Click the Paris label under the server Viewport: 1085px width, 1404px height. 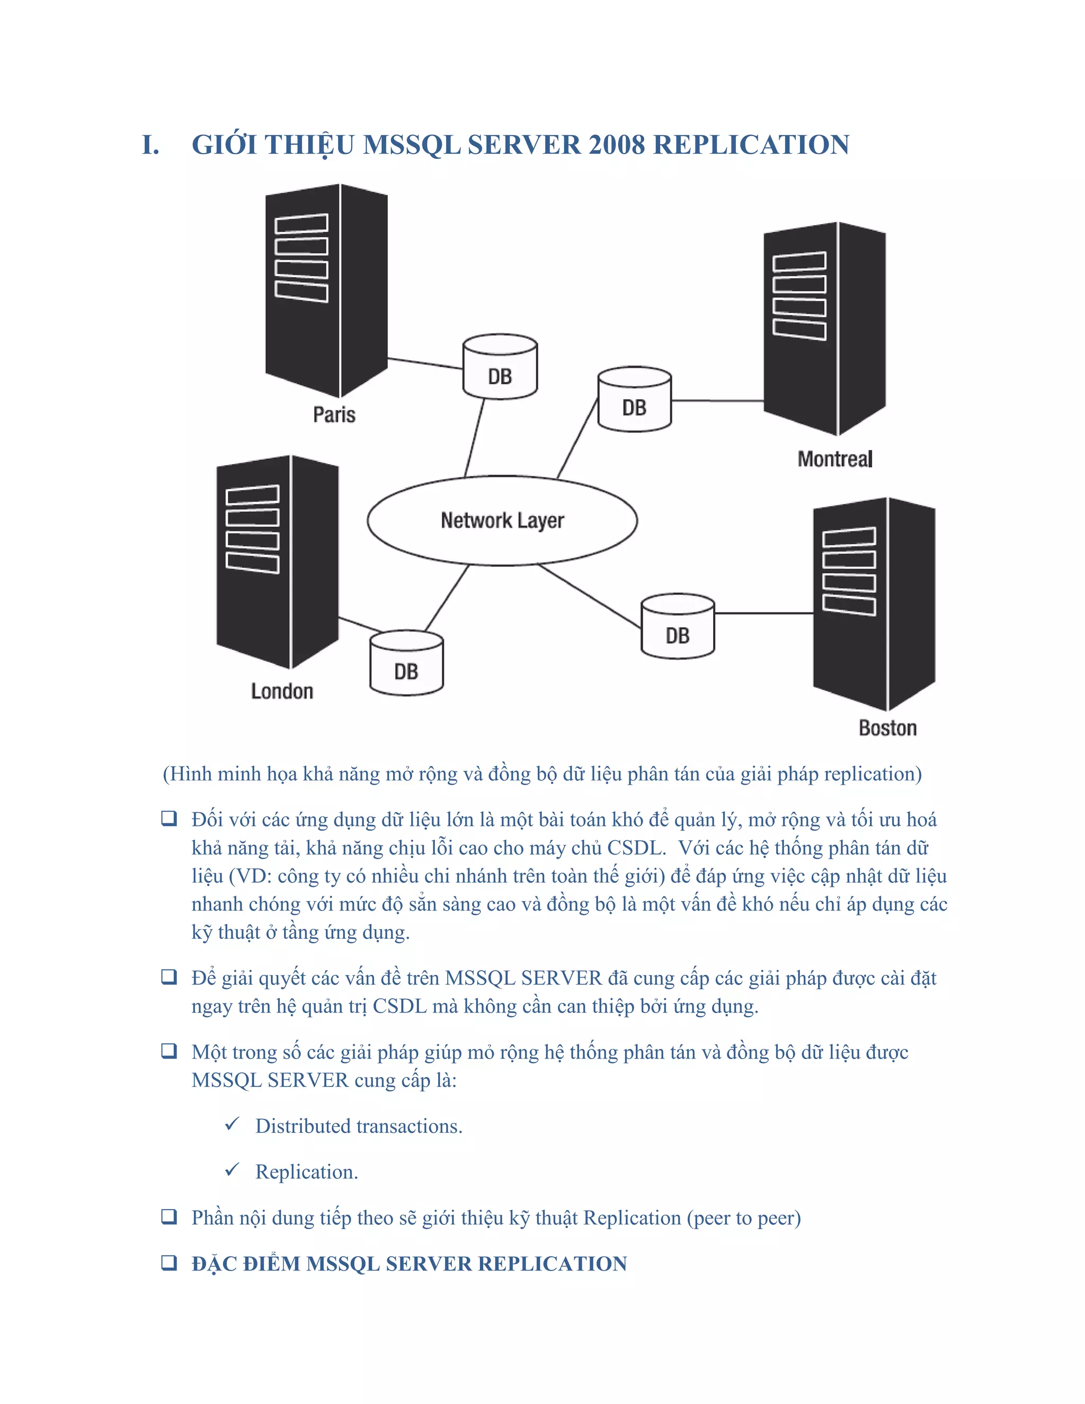tap(334, 415)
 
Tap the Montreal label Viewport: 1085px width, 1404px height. tap(834, 459)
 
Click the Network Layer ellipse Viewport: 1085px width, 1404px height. tap(502, 521)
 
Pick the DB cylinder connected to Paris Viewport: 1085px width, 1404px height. tap(500, 367)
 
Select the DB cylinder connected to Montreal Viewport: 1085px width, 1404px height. tap(634, 400)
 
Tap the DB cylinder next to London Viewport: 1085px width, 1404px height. tap(406, 663)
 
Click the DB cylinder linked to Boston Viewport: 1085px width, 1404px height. tap(678, 627)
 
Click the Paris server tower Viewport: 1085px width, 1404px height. tap(326, 289)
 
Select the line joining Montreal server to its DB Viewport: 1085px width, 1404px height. tap(717, 401)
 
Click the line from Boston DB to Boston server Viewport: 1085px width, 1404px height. tap(763, 614)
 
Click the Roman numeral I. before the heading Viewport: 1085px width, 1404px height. tap(150, 145)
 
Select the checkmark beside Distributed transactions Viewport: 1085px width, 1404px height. tap(232, 1124)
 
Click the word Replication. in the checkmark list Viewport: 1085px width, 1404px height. tap(307, 1172)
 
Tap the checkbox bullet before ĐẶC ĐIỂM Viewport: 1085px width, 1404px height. tap(169, 1263)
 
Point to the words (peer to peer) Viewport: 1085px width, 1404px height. tap(744, 1218)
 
